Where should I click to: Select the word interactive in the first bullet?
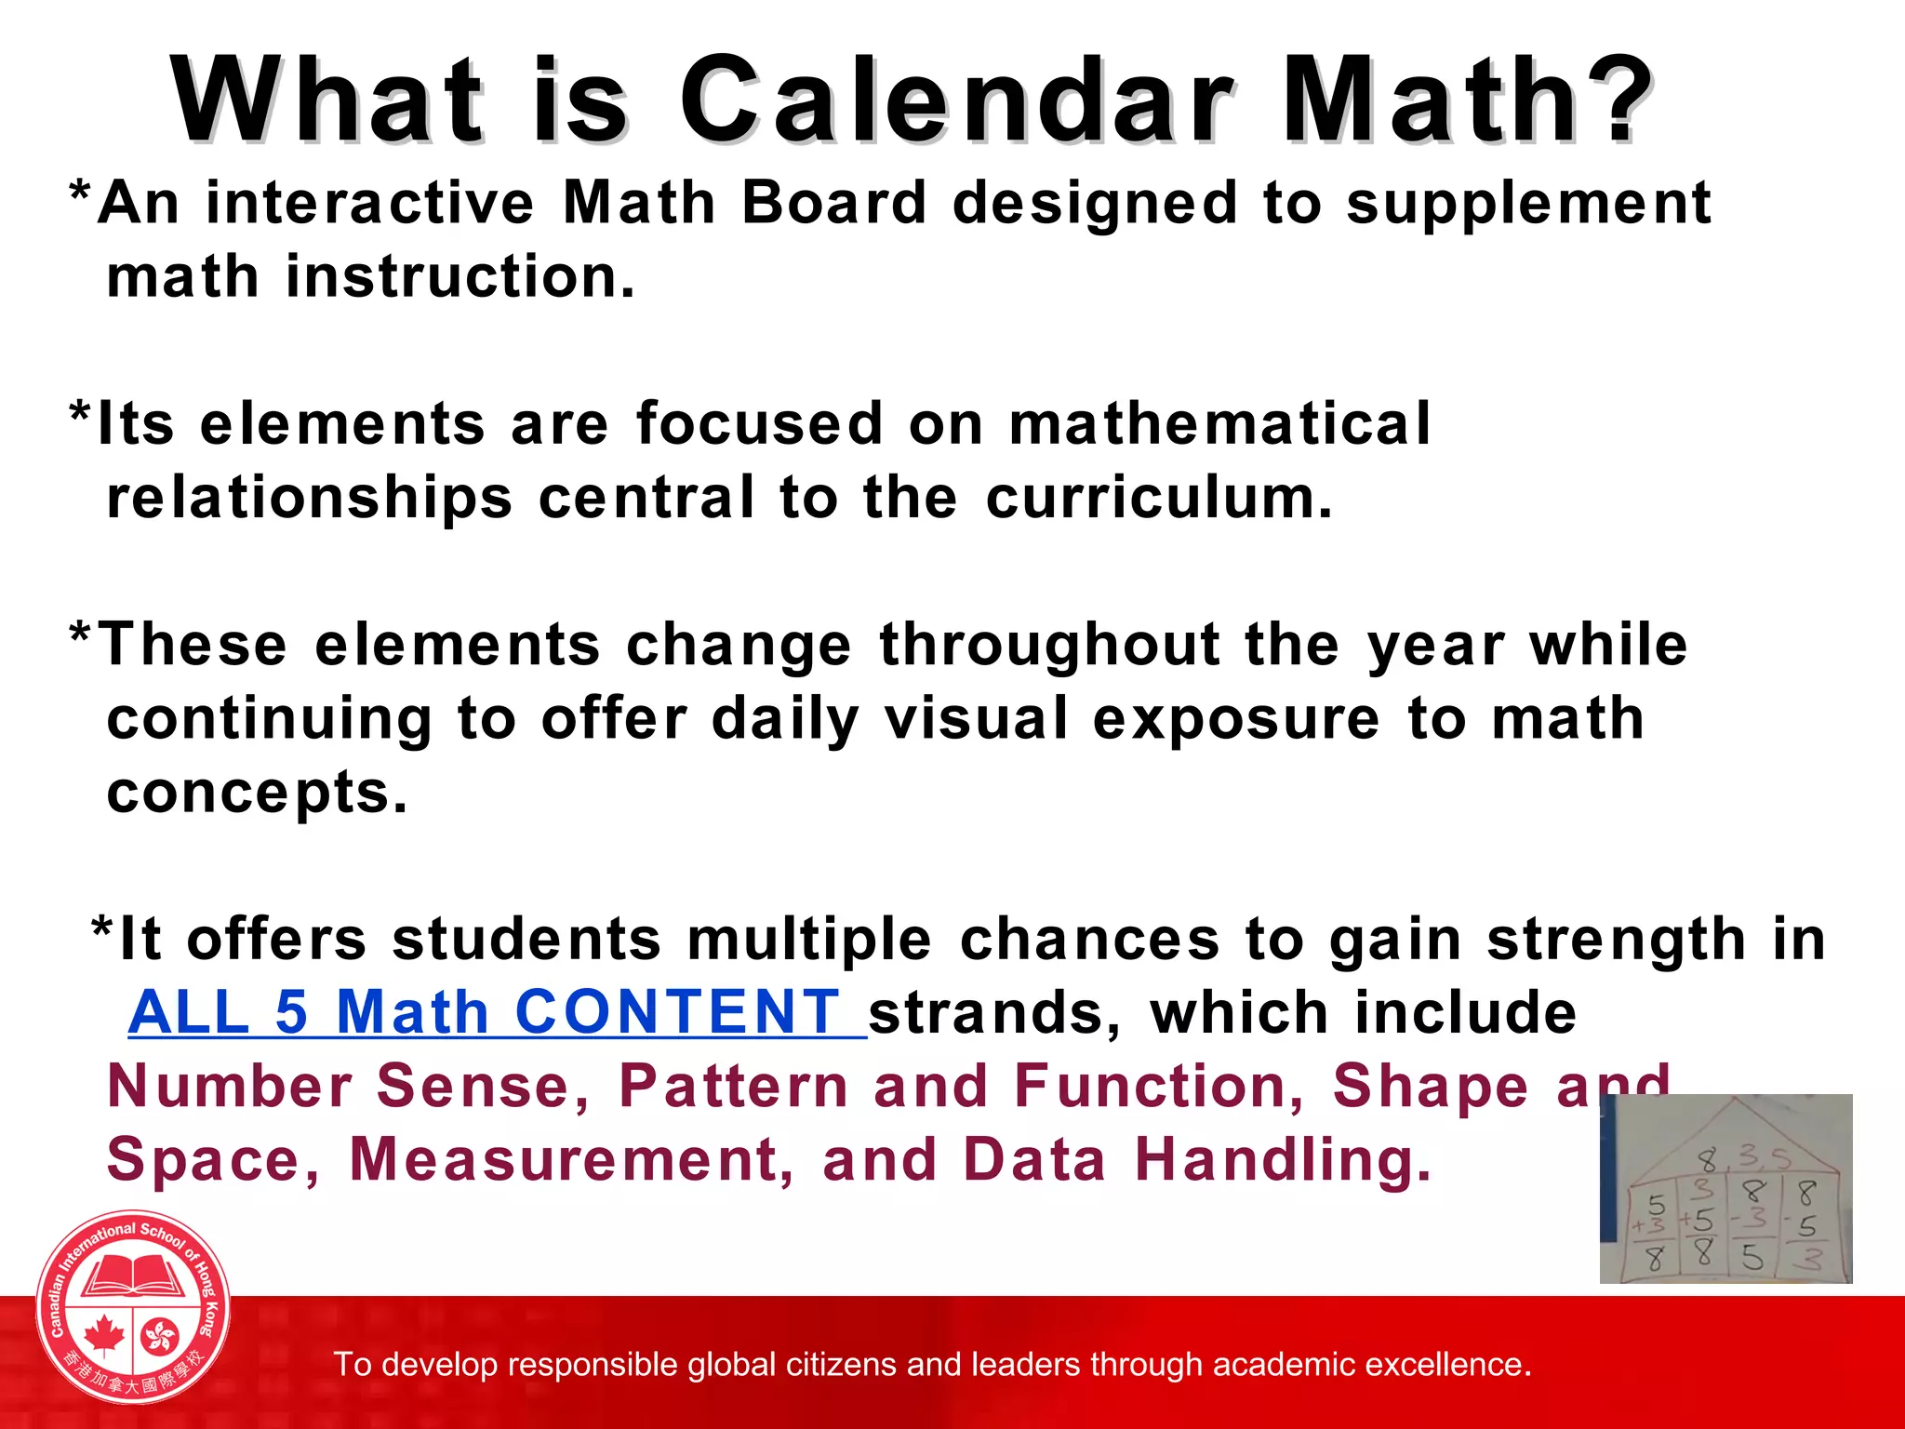[x=370, y=203]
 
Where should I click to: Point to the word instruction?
[x=460, y=277]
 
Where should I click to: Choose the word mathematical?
[x=1219, y=424]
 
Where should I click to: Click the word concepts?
[x=257, y=794]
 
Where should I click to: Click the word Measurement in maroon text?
[x=572, y=1160]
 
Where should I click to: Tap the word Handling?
[x=1283, y=1162]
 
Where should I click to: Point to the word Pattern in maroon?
[x=734, y=1087]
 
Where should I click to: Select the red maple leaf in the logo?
[x=104, y=1336]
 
